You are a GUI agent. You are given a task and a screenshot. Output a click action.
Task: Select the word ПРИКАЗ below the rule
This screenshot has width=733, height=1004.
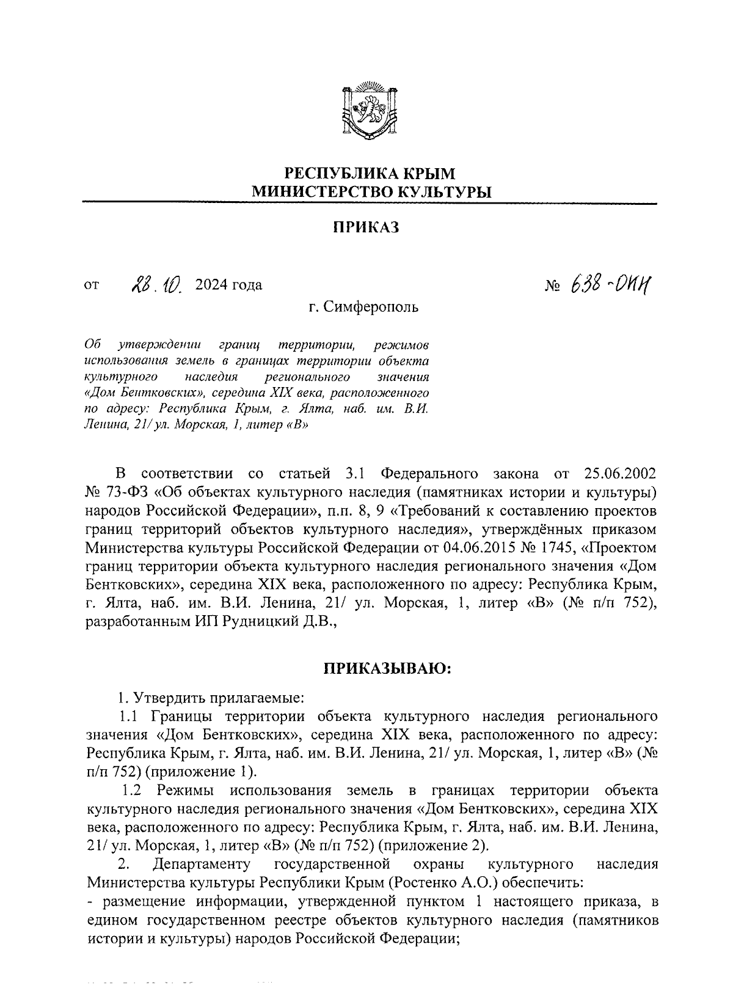tap(366, 227)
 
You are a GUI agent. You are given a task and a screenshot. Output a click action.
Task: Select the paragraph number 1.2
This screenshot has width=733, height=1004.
tap(132, 791)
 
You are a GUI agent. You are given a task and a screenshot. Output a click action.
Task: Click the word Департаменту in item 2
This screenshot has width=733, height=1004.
tap(202, 865)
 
